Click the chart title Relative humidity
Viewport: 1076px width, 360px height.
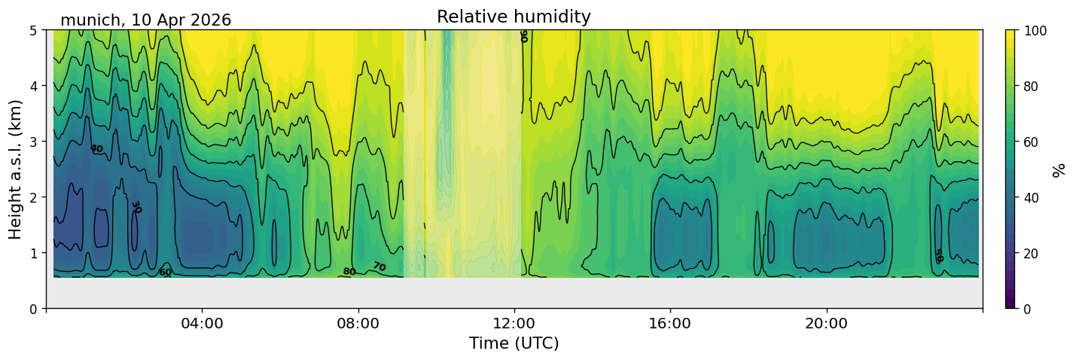(514, 17)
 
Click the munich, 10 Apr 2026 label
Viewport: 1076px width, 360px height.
(145, 20)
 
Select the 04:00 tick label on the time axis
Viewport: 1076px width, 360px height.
(203, 323)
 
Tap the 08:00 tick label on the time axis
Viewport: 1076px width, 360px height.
(358, 323)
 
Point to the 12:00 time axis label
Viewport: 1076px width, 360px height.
(514, 323)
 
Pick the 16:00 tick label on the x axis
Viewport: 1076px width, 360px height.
(670, 323)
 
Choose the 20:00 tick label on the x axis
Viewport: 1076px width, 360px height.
(826, 323)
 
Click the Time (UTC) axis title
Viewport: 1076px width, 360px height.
(514, 343)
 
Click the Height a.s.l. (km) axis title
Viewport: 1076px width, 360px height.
(15, 169)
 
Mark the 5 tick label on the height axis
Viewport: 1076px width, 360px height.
(34, 31)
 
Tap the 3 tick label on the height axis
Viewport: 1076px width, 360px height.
(34, 142)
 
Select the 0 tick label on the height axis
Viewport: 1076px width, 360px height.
(34, 309)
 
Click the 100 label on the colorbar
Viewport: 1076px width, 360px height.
(1035, 31)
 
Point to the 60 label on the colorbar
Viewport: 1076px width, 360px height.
(1032, 142)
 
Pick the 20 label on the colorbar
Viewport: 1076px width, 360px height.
(1032, 253)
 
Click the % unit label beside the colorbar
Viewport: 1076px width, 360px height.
(1058, 170)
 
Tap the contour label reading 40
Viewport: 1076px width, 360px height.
(96, 149)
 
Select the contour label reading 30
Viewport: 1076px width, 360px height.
(136, 207)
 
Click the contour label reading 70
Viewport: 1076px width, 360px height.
(379, 267)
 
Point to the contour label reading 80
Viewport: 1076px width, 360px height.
(349, 272)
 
